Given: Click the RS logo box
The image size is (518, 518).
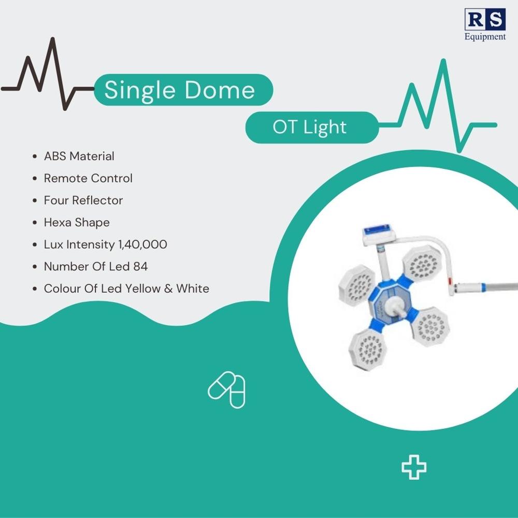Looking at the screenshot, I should [x=484, y=20].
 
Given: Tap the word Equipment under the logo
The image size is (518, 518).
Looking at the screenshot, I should [x=485, y=37].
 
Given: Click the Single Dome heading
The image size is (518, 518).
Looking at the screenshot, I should [x=180, y=90].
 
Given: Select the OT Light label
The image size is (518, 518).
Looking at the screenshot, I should [x=310, y=127].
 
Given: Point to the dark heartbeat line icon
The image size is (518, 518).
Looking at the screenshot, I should [x=47, y=75].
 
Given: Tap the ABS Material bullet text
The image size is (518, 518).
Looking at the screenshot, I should [x=79, y=156].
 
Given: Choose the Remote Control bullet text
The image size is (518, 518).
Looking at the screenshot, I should [x=88, y=178].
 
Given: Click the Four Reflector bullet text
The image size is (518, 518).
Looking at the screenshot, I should [x=83, y=200].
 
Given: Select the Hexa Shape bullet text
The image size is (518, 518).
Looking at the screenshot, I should [x=77, y=222].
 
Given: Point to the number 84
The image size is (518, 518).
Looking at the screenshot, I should [x=140, y=266].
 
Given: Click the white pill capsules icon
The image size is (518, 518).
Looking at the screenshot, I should [x=227, y=389].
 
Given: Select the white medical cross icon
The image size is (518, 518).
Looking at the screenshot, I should [x=414, y=467].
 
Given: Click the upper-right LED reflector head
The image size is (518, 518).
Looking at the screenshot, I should [x=423, y=264].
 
